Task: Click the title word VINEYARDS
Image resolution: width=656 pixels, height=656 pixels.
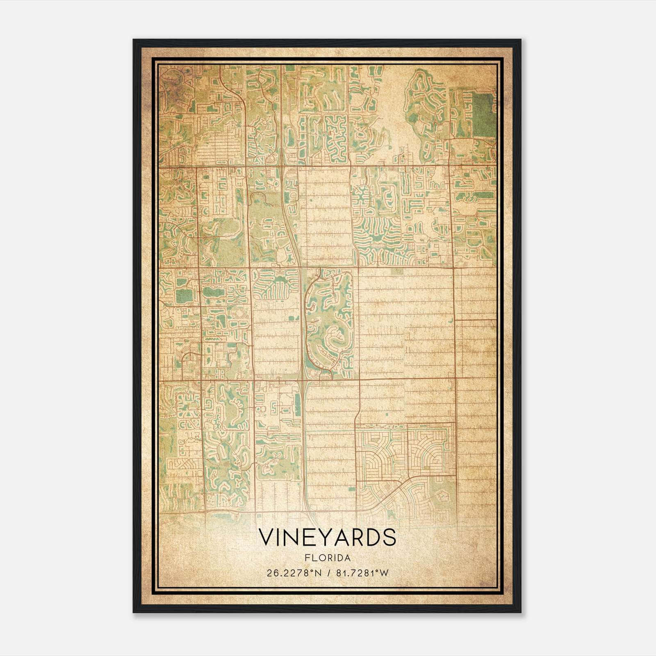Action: pyautogui.click(x=327, y=538)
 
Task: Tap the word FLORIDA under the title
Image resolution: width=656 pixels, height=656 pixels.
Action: pyautogui.click(x=327, y=558)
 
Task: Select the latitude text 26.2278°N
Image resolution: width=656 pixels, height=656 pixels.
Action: pyautogui.click(x=288, y=573)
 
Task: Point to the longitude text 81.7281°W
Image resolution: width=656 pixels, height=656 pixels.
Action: pyautogui.click(x=362, y=573)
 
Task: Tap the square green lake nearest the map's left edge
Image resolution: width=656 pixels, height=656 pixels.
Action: pyautogui.click(x=183, y=294)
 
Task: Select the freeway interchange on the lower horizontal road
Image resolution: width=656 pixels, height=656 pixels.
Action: pyautogui.click(x=304, y=380)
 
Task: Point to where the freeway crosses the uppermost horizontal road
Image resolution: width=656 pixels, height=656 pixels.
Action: pyautogui.click(x=283, y=166)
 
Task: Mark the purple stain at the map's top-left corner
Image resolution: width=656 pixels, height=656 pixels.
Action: pyautogui.click(x=172, y=82)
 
